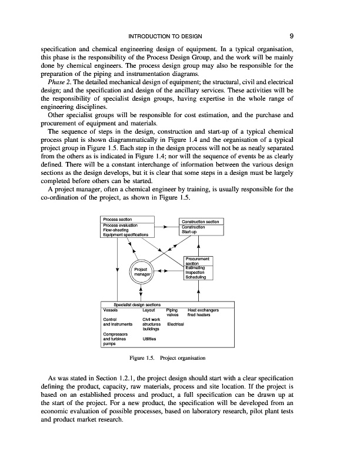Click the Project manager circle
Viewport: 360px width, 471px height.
142,273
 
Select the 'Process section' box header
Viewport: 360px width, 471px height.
116,219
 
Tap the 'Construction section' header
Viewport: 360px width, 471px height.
201,221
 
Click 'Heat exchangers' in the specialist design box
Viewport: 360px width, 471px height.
203,309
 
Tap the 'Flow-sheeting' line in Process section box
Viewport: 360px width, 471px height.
116,230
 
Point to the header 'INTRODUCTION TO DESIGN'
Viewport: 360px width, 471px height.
179,36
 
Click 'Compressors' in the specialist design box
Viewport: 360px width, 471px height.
115,334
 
